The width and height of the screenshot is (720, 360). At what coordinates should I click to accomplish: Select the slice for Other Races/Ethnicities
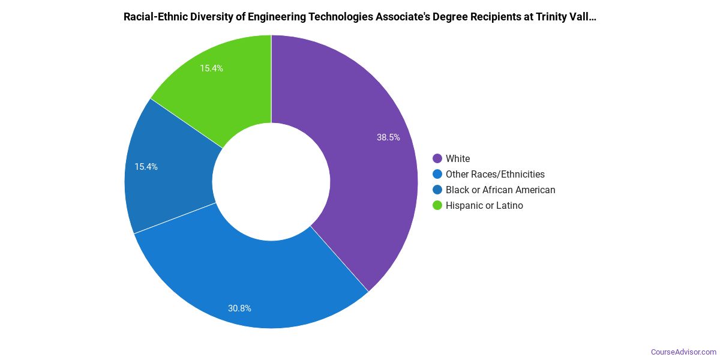[x=252, y=282]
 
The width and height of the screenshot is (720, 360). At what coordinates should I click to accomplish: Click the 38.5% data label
[x=388, y=137]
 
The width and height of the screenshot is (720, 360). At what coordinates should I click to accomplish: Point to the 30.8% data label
[x=239, y=308]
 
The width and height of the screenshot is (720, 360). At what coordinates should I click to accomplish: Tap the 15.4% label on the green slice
[x=211, y=68]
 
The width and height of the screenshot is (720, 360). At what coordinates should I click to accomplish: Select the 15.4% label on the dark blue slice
[x=146, y=167]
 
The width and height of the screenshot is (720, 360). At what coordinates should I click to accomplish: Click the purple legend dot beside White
[x=437, y=158]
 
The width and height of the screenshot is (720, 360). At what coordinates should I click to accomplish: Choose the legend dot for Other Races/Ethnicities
[x=437, y=174]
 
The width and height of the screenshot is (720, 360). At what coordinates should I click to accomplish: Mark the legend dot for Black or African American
[x=437, y=190]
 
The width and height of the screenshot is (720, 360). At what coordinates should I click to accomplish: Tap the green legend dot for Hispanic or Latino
[x=437, y=205]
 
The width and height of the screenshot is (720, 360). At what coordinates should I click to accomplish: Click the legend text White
[x=458, y=158]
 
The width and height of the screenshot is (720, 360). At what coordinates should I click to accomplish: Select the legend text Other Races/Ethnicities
[x=495, y=174]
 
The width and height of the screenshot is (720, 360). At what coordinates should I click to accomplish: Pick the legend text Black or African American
[x=500, y=190]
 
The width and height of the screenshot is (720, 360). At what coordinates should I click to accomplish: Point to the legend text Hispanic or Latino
[x=484, y=205]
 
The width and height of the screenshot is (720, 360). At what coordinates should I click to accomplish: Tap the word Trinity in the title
[x=545, y=17]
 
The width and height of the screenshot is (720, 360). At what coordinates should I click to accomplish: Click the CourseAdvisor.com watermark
[x=683, y=352]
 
